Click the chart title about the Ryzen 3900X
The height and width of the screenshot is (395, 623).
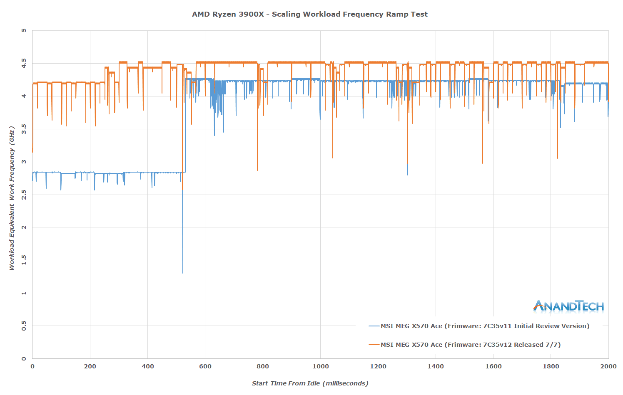pos(309,14)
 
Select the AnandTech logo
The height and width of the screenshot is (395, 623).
pos(568,306)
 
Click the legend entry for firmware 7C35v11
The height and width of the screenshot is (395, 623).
pos(485,326)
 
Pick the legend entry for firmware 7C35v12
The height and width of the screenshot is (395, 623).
pos(471,345)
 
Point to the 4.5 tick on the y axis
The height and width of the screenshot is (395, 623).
pos(24,63)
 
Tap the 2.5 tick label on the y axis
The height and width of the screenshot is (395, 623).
pos(24,195)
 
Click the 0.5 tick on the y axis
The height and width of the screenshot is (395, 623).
pos(24,326)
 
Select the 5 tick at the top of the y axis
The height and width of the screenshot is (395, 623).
pos(24,30)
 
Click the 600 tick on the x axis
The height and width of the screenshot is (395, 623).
pos(205,366)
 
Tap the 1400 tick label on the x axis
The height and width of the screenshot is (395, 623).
pos(436,366)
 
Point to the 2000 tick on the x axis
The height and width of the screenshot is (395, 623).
pos(608,366)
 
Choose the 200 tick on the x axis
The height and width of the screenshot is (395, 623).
pos(90,366)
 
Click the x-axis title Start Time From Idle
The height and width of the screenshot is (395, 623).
pos(310,383)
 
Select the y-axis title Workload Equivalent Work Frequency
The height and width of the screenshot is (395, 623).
pos(12,197)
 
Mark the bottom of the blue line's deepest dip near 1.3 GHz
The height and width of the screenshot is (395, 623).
pos(183,273)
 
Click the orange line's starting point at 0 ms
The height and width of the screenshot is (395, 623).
pos(32,152)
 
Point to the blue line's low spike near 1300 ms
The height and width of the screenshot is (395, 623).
pos(408,175)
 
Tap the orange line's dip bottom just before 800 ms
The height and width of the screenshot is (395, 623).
pos(257,170)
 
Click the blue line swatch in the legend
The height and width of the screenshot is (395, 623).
pos(374,326)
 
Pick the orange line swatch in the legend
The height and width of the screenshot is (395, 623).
pos(374,345)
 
